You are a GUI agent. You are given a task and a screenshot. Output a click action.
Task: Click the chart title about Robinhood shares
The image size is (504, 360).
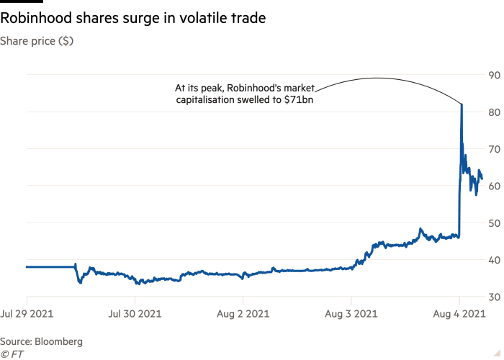click(x=133, y=18)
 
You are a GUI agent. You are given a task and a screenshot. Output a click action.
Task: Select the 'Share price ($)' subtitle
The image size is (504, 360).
click(x=37, y=41)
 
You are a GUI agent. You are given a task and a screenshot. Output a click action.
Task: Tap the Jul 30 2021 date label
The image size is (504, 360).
click(x=135, y=313)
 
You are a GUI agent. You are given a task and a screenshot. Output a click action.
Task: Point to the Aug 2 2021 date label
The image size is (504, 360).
click(x=243, y=313)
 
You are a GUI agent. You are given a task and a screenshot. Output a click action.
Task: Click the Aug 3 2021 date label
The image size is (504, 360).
click(x=352, y=313)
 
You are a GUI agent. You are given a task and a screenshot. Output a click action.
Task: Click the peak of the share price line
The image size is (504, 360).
click(x=461, y=104)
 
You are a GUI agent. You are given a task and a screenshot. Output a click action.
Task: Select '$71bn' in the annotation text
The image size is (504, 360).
click(x=310, y=101)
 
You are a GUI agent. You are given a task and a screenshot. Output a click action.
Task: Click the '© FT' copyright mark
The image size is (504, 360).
click(x=10, y=354)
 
